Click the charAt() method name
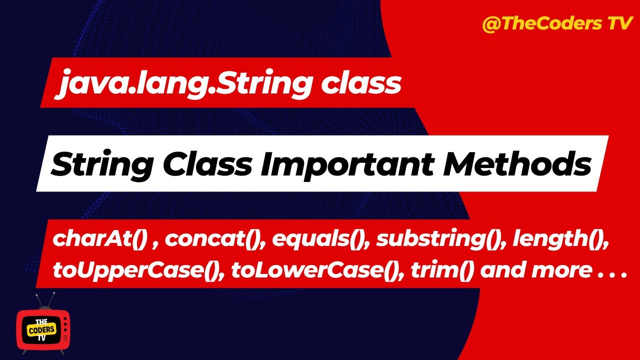point(99,239)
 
